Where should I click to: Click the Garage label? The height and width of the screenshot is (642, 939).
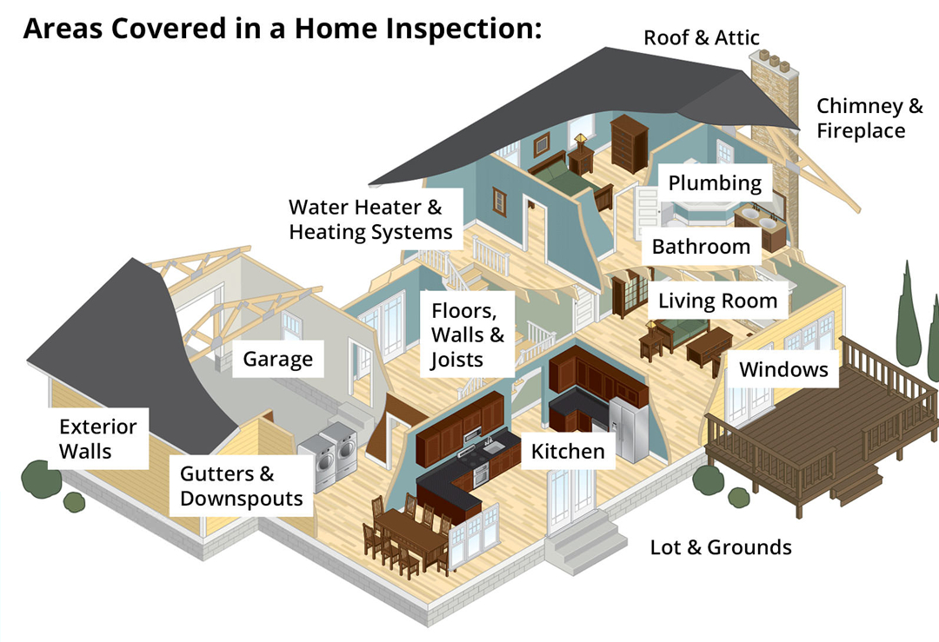277,359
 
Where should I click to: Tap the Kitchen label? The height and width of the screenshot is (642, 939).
568,451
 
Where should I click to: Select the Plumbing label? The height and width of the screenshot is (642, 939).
715,183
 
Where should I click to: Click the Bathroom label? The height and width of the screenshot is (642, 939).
701,246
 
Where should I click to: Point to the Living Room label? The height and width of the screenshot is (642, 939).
717,301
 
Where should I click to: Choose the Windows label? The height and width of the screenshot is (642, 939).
783,369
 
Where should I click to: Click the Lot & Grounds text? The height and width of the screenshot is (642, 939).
721,547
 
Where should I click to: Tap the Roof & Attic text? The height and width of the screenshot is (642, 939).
702,37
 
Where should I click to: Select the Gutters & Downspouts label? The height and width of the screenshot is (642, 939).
241,486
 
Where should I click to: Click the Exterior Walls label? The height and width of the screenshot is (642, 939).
97,439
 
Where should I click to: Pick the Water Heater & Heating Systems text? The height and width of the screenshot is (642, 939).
370,220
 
